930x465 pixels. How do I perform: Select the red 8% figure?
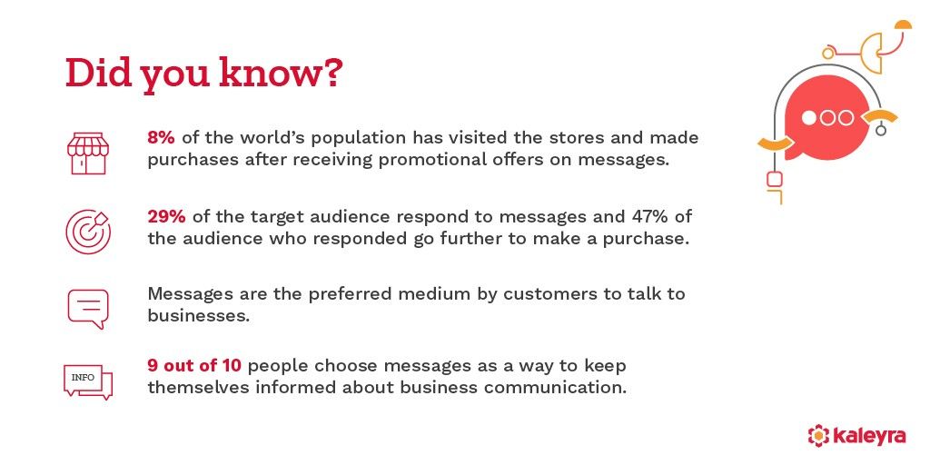click(162, 138)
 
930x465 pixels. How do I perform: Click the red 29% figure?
click(167, 217)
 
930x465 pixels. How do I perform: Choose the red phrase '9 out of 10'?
click(194, 366)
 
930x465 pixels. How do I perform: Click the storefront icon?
click(87, 152)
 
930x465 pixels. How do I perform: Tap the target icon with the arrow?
click(87, 231)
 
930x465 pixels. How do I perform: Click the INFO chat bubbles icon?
click(87, 381)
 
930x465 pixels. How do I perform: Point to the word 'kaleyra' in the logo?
click(869, 436)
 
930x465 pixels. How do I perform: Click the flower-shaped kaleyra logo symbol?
click(819, 436)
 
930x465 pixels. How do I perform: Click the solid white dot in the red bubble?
click(811, 118)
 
